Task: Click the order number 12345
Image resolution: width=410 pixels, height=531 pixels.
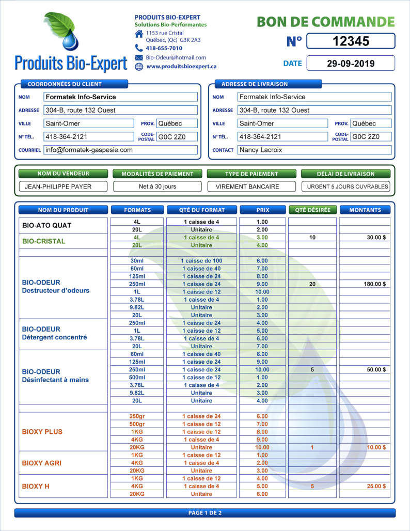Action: coord(351,41)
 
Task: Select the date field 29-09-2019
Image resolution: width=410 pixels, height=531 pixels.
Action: coord(351,64)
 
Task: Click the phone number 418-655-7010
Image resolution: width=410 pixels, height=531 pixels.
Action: coord(164,48)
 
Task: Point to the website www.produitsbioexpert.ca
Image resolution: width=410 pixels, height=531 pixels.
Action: coord(181,66)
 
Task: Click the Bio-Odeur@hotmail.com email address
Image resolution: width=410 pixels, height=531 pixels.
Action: coord(176,57)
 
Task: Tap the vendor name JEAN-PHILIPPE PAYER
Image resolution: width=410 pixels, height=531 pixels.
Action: coord(63,186)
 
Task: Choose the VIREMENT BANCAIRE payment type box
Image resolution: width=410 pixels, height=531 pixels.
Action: coord(252,186)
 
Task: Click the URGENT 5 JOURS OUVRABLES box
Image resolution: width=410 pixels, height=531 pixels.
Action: coord(345,186)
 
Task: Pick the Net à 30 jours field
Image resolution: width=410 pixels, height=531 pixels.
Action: coord(157,186)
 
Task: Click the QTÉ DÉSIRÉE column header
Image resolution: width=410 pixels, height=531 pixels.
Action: coord(313,210)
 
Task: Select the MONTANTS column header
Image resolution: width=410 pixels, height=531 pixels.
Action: coord(365,210)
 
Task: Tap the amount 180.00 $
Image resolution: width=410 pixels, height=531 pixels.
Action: coord(375,284)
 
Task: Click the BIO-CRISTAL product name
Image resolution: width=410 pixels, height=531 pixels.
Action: coord(44,241)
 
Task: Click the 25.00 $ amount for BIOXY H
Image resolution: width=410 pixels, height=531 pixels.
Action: coord(376,486)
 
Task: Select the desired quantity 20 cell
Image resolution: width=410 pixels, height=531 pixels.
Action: coord(312,284)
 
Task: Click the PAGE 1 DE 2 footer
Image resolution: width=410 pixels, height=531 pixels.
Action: coord(205,513)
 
